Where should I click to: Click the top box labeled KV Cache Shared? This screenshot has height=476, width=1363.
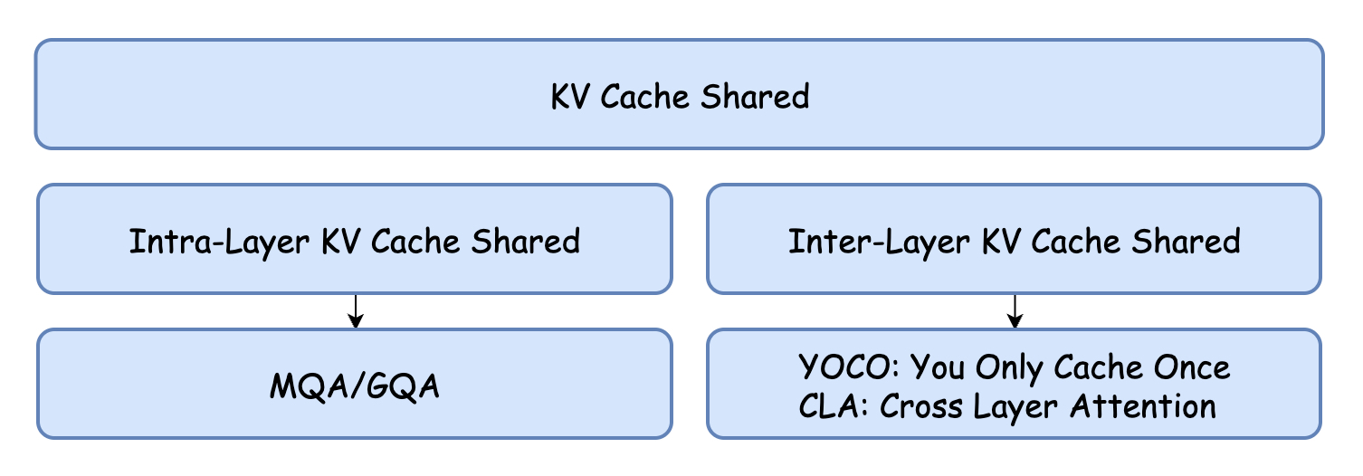tap(679, 94)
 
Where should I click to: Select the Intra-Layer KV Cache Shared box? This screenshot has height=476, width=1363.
tap(354, 239)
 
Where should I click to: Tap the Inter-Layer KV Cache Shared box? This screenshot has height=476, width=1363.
tap(1014, 239)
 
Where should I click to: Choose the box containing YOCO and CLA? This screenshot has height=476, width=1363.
tap(1014, 384)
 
